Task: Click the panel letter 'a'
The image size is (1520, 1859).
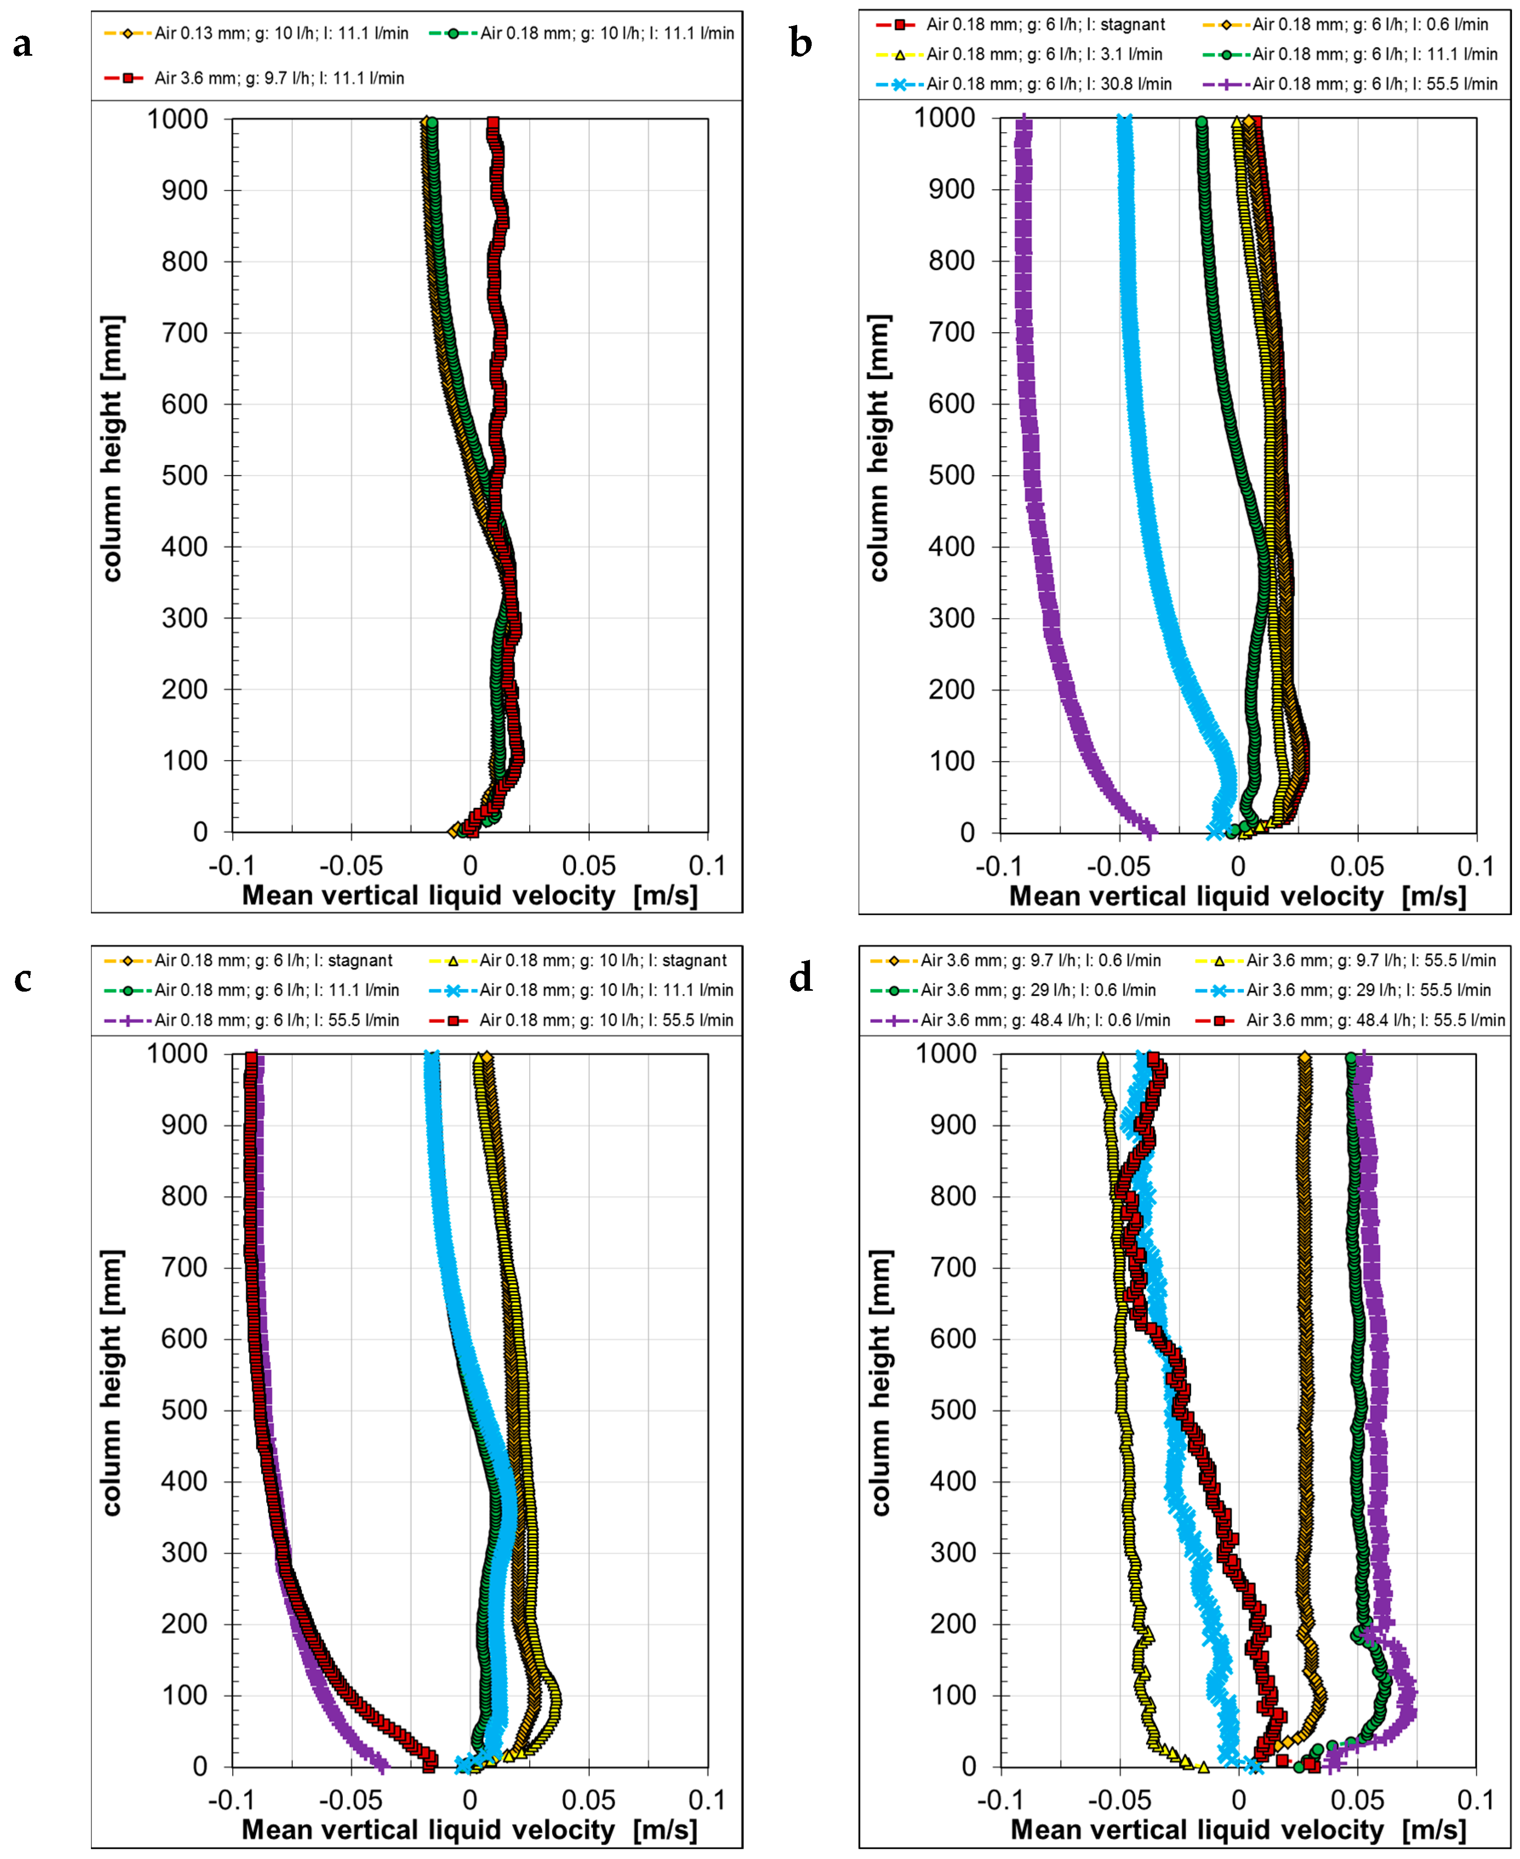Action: click(23, 44)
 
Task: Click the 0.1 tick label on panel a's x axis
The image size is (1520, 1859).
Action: click(707, 866)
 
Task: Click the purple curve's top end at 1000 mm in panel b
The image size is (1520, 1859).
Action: click(1023, 123)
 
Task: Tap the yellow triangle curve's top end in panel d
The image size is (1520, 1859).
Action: click(1102, 1058)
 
